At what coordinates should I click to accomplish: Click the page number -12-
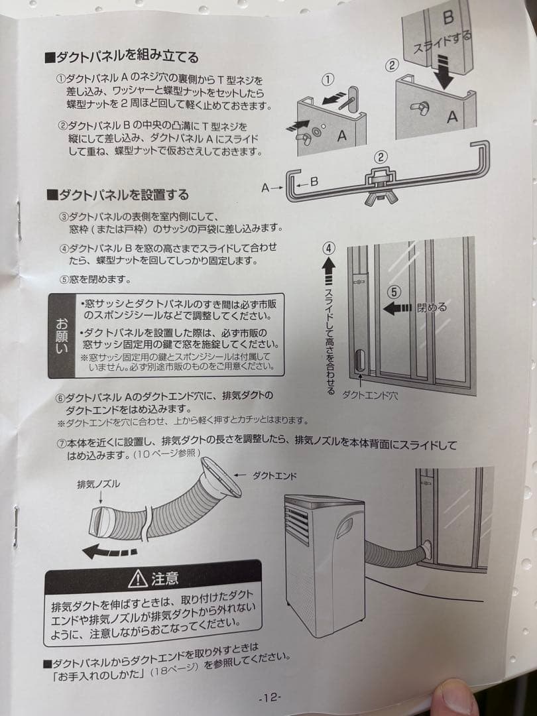tap(270, 697)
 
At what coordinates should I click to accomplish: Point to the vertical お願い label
tap(62, 336)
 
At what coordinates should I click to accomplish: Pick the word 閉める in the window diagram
tap(432, 307)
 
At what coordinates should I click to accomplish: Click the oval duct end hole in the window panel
tap(359, 362)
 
